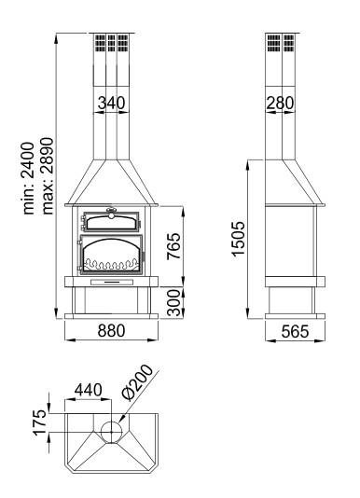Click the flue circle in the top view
[111, 431]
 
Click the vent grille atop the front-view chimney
[111, 44]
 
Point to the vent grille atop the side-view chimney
[281, 44]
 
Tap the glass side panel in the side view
[291, 241]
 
